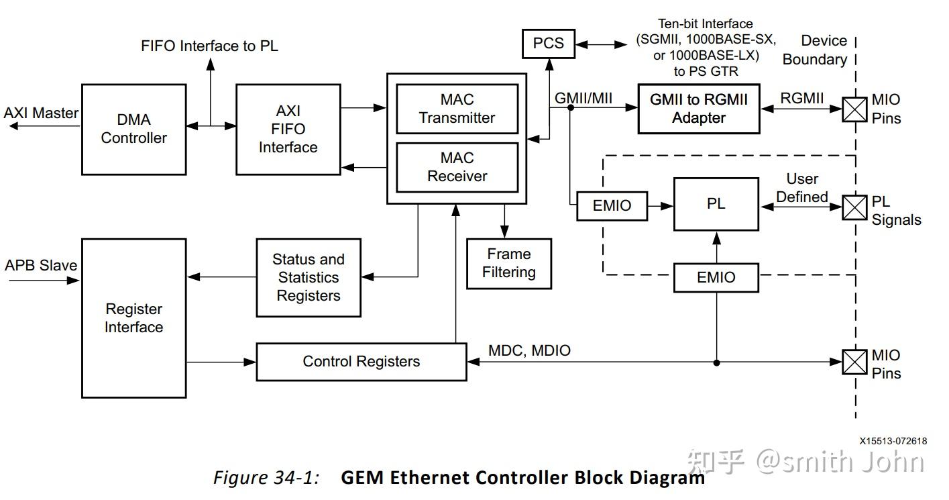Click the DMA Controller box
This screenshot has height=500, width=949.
point(133,129)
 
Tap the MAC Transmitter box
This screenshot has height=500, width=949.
point(457,108)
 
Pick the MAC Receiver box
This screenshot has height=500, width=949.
point(457,167)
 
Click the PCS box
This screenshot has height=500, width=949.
point(548,44)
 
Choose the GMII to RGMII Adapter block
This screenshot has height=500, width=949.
point(698,108)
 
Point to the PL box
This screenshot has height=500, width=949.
point(716,203)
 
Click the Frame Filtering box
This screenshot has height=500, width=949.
point(508,263)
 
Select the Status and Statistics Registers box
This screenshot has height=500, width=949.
point(309,277)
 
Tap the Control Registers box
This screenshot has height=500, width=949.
point(361,362)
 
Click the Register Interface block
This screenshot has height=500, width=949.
point(133,318)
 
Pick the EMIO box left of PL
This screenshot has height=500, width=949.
point(612,206)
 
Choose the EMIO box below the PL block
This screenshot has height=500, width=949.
point(716,277)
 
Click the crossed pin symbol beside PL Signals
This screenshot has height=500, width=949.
point(853,207)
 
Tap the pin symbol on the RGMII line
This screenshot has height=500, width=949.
point(853,109)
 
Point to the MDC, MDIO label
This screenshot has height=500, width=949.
point(529,350)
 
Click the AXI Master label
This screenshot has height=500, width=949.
point(41,113)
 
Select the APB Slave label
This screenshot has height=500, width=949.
point(41,265)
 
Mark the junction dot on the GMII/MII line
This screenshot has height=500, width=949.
point(570,107)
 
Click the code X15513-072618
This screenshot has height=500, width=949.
point(893,441)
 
